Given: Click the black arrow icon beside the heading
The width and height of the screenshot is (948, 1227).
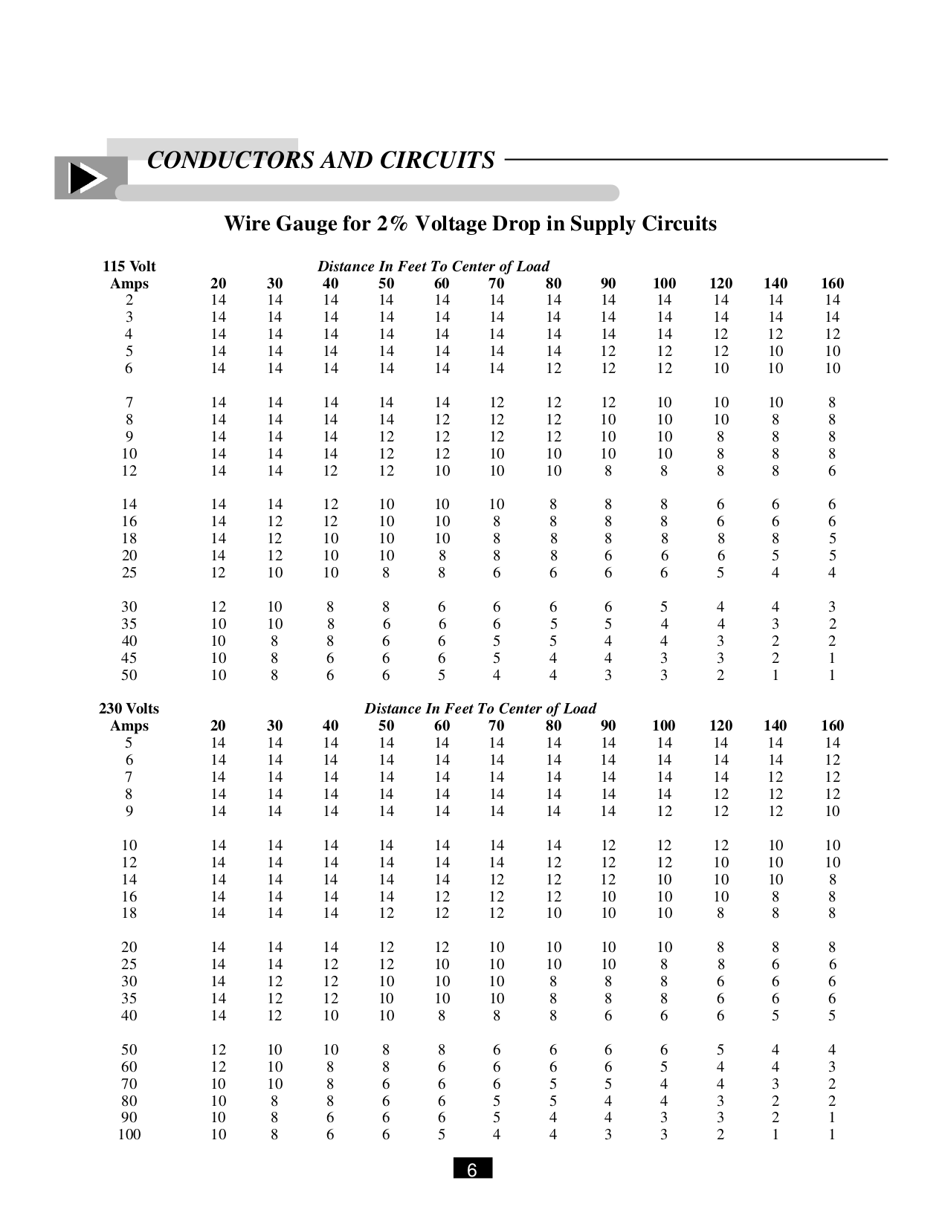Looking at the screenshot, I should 86,179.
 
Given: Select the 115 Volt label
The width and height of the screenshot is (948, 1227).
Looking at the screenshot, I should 129,266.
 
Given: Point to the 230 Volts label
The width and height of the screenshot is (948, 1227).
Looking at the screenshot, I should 129,708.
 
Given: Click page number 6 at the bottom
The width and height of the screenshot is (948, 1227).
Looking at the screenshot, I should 472,1171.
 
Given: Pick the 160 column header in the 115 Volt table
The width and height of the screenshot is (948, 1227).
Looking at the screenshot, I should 832,283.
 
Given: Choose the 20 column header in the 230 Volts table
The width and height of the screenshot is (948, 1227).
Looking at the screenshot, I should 218,725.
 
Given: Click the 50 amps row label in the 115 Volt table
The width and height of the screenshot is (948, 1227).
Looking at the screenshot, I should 129,675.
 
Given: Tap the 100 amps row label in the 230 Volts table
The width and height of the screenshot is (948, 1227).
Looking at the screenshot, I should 129,1134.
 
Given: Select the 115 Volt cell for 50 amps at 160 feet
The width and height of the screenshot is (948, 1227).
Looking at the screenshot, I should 832,675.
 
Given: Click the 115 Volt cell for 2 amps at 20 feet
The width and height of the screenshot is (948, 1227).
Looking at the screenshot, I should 218,300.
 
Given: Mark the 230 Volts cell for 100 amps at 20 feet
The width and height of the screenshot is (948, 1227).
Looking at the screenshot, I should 218,1134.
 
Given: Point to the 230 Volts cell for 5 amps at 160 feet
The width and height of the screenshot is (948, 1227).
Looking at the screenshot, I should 832,742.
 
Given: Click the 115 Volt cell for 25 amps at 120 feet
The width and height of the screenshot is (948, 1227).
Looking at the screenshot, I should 720,572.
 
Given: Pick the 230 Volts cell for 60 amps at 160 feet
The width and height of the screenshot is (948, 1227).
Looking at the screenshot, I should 832,1066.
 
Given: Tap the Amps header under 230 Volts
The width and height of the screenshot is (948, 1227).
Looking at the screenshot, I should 129,725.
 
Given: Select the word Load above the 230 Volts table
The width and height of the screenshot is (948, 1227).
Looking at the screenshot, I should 579,708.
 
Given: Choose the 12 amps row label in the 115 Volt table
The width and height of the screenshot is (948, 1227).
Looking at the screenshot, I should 129,470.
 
